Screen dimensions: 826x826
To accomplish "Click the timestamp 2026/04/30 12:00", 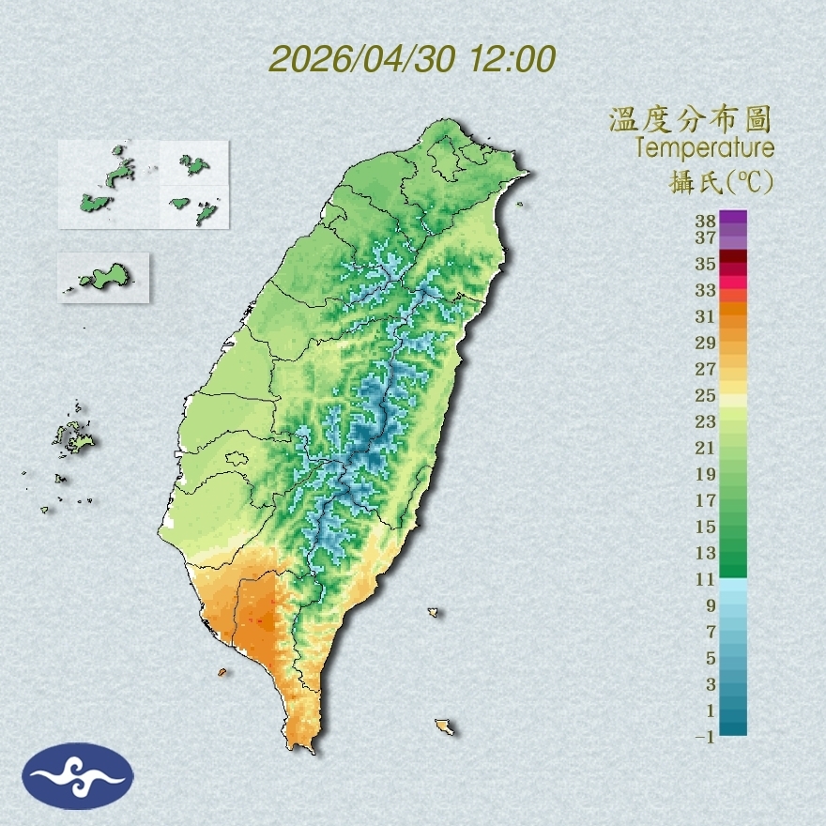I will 412,59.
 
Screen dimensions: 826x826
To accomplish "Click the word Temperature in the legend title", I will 704,147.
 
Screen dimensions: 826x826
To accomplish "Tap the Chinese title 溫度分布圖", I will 690,119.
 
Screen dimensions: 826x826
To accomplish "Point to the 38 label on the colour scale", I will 706,222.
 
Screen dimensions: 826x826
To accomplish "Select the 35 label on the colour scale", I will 706,264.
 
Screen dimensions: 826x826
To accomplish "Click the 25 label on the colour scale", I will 706,395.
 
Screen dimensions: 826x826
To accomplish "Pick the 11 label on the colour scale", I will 706,579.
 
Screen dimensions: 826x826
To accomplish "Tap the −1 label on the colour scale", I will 704,737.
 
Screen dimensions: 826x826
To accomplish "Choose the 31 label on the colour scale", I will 706,316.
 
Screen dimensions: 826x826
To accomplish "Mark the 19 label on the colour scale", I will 706,474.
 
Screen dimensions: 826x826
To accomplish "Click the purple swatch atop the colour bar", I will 733,217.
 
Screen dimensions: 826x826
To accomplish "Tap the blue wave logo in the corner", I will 78,776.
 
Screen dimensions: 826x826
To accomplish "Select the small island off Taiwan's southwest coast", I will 222,672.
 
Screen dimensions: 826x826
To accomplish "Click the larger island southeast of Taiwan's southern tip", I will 445,727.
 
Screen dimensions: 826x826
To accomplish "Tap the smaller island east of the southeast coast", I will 434,612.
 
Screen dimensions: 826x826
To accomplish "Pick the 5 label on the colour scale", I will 711,658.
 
